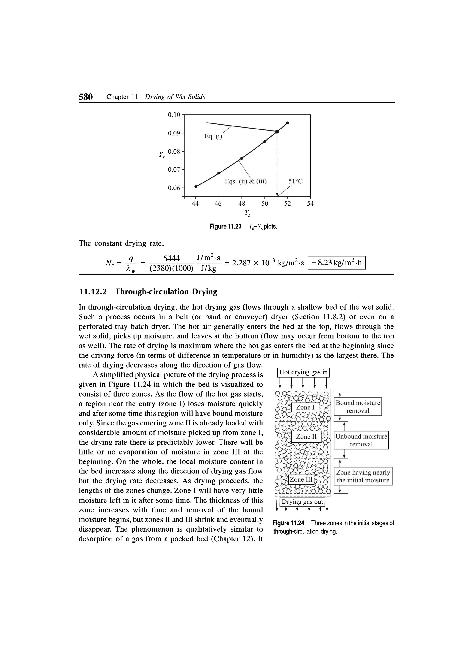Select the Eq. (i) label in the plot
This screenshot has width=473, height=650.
click(213, 136)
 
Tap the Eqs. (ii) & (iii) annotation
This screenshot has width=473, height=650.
click(246, 181)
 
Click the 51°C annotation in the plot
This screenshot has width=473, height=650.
click(295, 181)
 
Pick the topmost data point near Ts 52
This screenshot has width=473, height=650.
click(287, 123)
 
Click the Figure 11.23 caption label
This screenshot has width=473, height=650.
click(225, 227)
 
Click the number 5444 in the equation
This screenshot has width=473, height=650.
click(171, 258)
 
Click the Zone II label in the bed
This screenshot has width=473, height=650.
click(306, 437)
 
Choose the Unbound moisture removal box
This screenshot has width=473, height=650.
click(361, 440)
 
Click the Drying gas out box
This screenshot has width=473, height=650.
click(302, 502)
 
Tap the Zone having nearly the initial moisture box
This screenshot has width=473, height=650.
click(363, 476)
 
